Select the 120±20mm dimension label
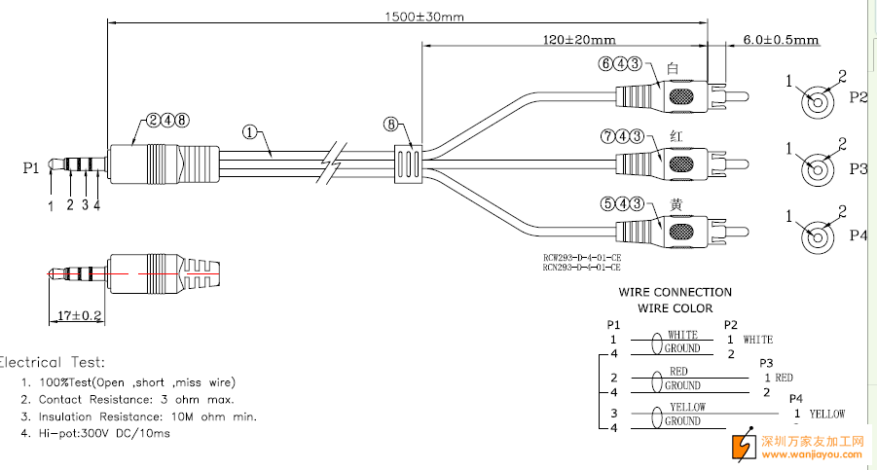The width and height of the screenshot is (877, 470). tap(579, 40)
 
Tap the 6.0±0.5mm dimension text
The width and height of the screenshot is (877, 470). tap(780, 41)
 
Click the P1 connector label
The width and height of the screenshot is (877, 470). tap(31, 167)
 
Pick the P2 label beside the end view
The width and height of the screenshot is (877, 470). tap(858, 97)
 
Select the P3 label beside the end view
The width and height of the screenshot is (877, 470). tap(858, 168)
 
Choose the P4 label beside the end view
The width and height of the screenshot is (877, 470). tap(858, 235)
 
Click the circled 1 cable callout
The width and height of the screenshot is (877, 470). tap(252, 133)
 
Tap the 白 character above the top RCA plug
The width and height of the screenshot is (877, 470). tap(673, 68)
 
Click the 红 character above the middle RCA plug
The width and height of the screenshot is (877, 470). tap(676, 135)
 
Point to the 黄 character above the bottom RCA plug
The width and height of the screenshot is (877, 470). tap(676, 204)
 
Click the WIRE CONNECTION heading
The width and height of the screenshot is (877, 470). tap(675, 292)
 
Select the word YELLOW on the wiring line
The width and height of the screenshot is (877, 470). tap(686, 407)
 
